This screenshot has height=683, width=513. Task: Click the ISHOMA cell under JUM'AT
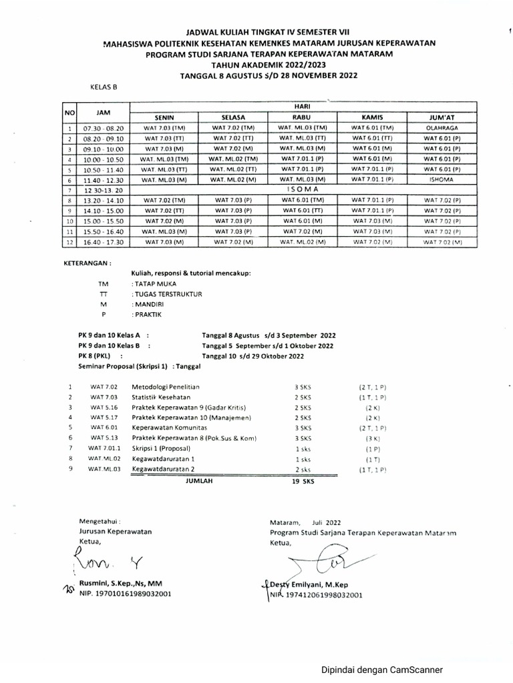tap(442, 180)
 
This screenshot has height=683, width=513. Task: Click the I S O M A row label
tap(303, 190)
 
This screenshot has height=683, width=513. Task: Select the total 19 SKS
tap(304, 480)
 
